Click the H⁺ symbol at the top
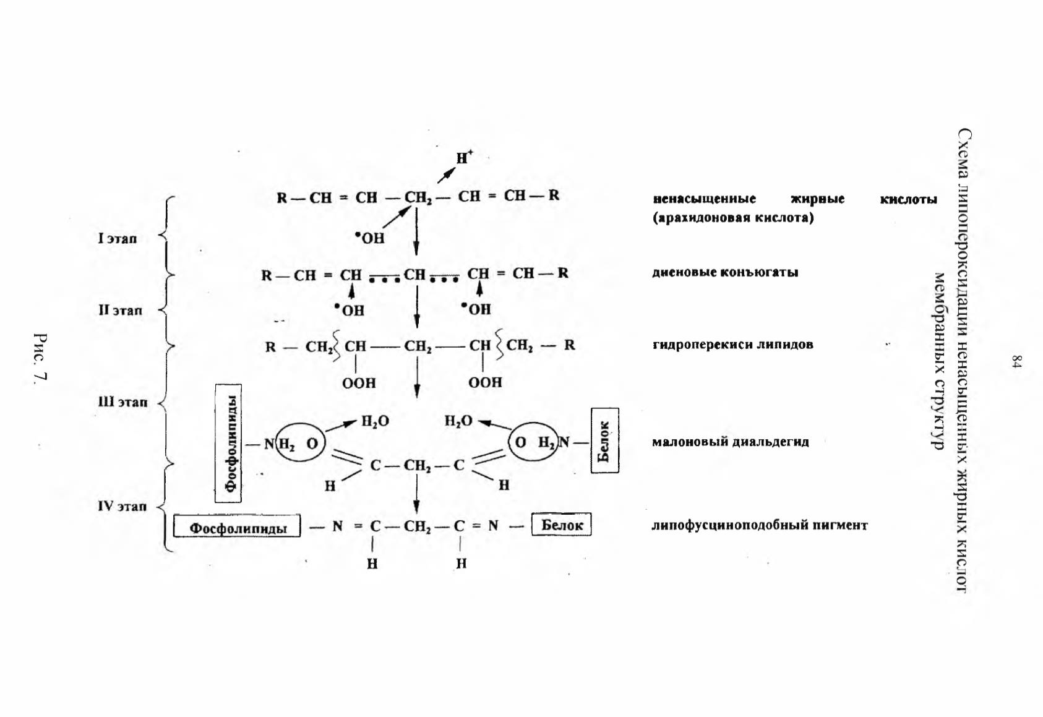pyautogui.click(x=464, y=157)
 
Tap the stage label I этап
pyautogui.click(x=118, y=238)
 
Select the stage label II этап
pyautogui.click(x=120, y=310)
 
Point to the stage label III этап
pyautogui.click(x=122, y=401)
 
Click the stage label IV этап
pyautogui.click(x=122, y=506)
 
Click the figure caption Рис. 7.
pyautogui.click(x=41, y=358)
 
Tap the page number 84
pyautogui.click(x=1016, y=362)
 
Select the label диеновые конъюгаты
pyautogui.click(x=725, y=272)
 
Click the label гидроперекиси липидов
pyautogui.click(x=732, y=345)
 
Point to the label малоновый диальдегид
pyautogui.click(x=730, y=441)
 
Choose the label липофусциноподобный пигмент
pyautogui.click(x=760, y=525)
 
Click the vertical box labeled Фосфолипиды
pyautogui.click(x=228, y=443)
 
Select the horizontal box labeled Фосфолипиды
pyautogui.click(x=237, y=526)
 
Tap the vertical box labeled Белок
pyautogui.click(x=605, y=440)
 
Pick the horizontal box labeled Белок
pyautogui.click(x=562, y=524)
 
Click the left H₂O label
pyautogui.click(x=375, y=422)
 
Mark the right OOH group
pyautogui.click(x=485, y=382)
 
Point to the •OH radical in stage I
pyautogui.click(x=370, y=238)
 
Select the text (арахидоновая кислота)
pyautogui.click(x=733, y=218)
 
